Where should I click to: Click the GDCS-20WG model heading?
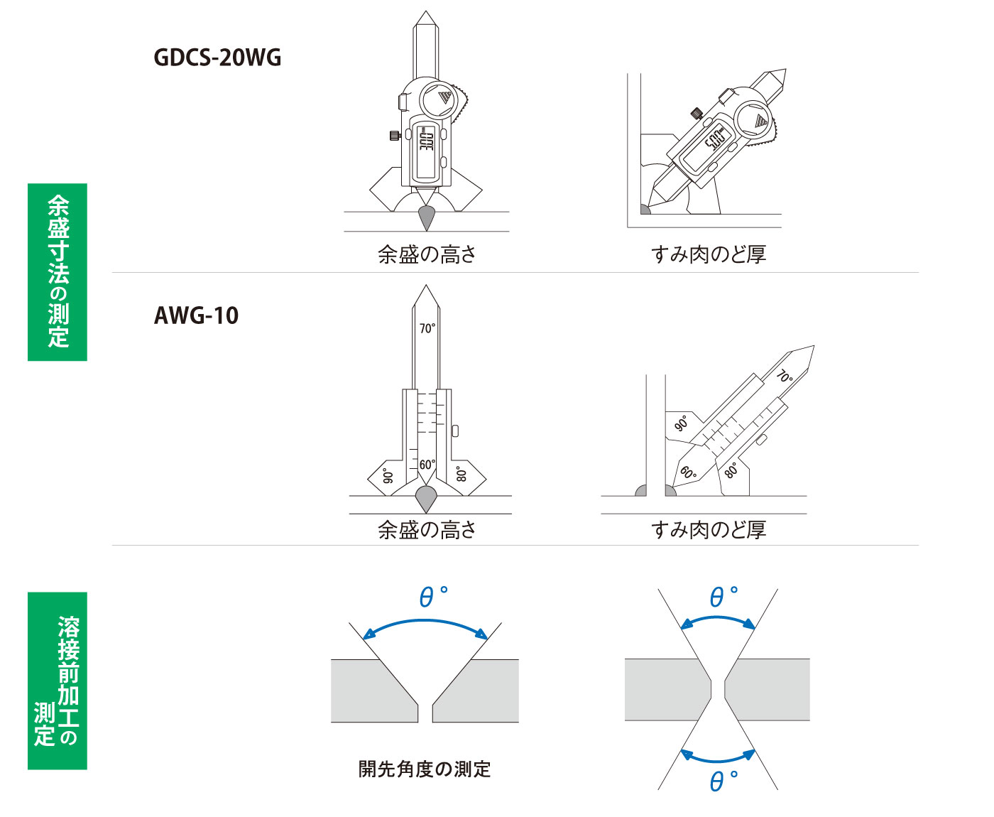pos(217,58)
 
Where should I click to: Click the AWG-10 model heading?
pos(196,315)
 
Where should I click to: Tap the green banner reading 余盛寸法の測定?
pos(58,272)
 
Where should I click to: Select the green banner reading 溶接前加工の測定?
pos(58,681)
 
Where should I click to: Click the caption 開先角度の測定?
pos(424,769)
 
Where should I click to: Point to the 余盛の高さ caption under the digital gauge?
pos(427,254)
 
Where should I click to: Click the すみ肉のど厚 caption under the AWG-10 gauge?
pos(708,530)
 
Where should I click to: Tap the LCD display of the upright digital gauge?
pos(425,152)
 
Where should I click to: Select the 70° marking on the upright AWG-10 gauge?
pos(427,328)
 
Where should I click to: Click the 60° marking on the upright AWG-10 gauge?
pos(427,465)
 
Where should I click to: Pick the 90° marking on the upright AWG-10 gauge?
pos(388,476)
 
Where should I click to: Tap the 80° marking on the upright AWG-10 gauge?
pos(461,475)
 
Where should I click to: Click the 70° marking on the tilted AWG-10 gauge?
pos(785,376)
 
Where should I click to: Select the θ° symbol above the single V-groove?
pos(433,596)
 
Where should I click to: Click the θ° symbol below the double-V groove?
pos(723,781)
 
